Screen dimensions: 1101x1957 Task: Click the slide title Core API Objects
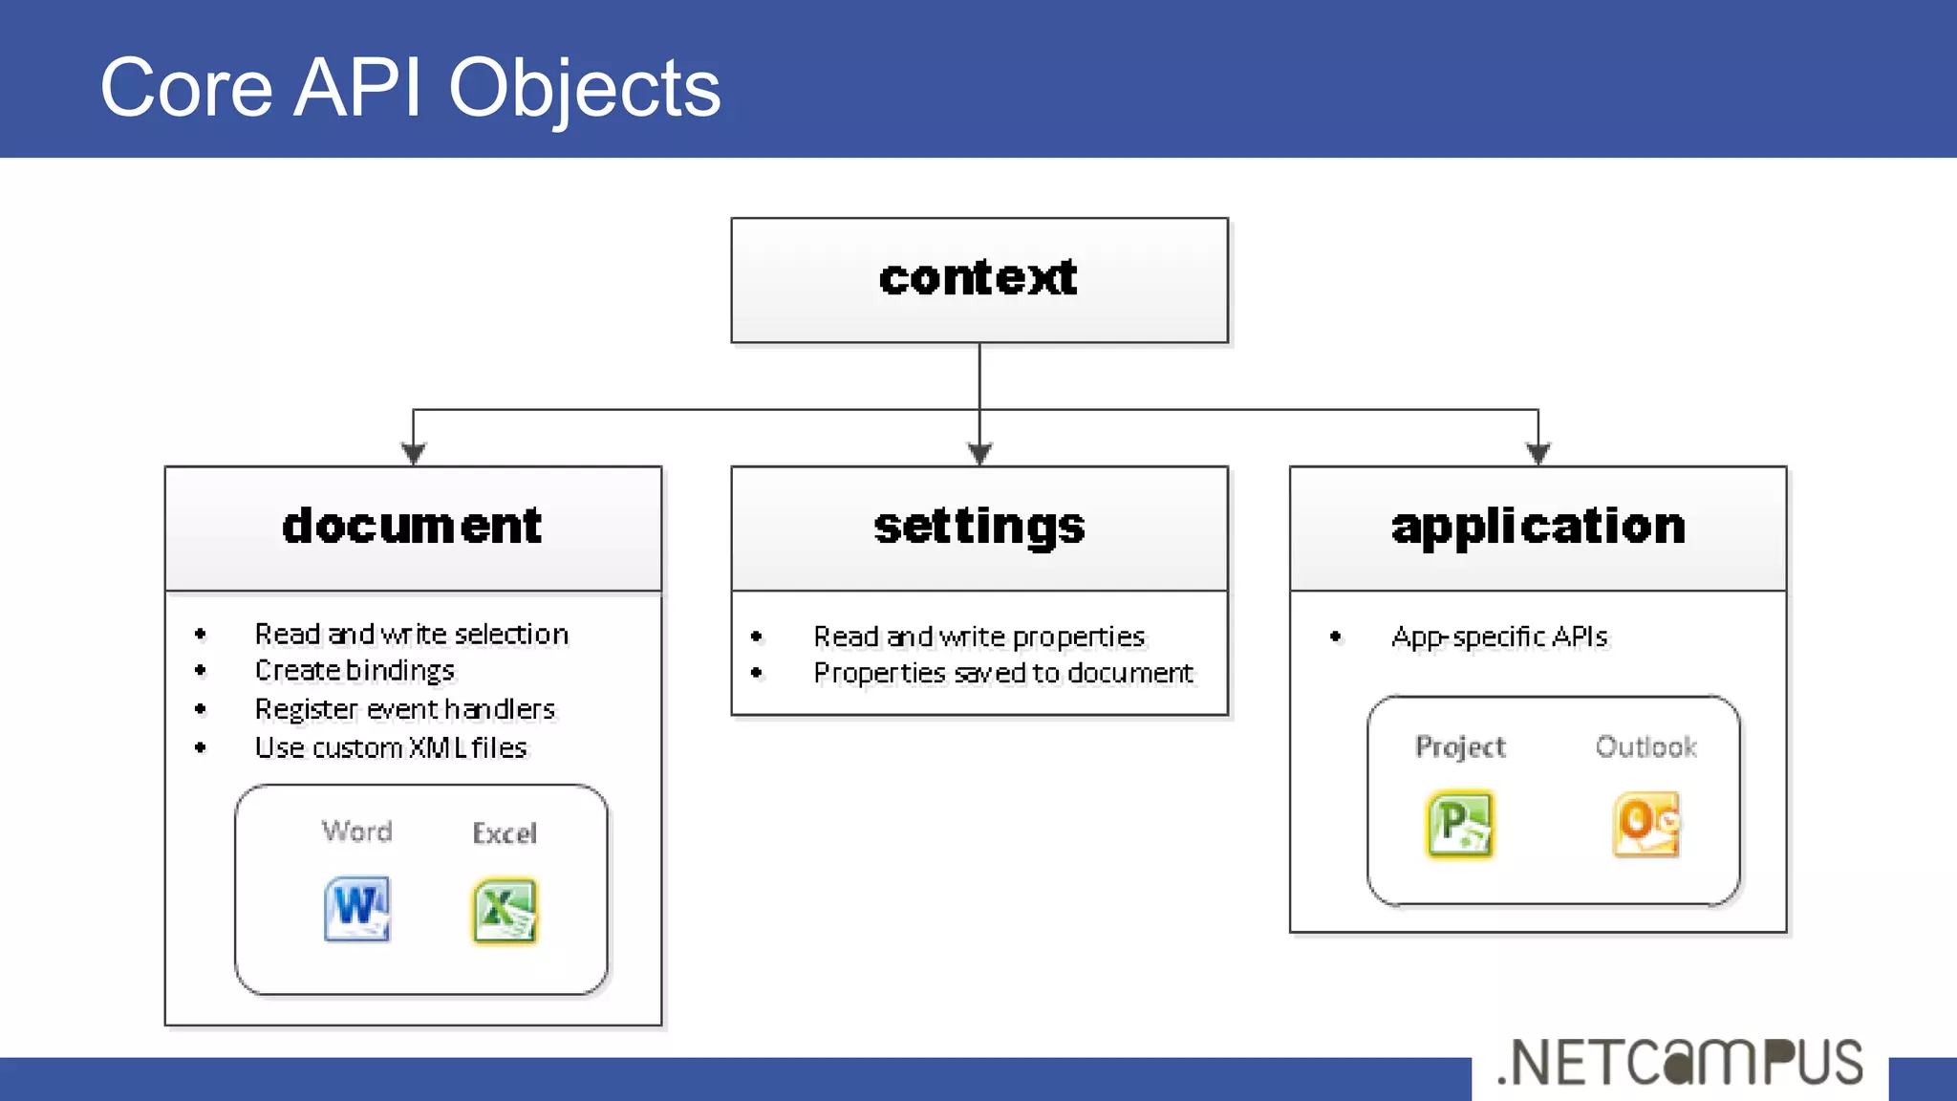[x=410, y=88]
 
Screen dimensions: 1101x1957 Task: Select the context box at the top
[x=978, y=280]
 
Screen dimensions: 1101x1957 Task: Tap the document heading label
[x=412, y=527]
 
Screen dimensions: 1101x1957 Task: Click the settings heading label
[x=978, y=527]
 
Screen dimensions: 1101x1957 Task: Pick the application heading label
[x=1538, y=527]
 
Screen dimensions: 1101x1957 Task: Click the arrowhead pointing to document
[x=413, y=453]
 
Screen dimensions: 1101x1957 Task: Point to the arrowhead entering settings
[x=979, y=453]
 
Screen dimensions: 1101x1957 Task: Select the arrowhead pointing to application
[x=1538, y=453]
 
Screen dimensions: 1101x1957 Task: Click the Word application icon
[x=356, y=909]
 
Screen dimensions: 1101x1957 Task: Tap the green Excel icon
[x=505, y=911]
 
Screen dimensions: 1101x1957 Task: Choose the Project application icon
[x=1459, y=824]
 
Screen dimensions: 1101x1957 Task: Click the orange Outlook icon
[x=1645, y=824]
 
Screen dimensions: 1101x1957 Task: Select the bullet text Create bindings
[x=355, y=671]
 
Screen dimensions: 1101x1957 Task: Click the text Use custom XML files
[x=391, y=747]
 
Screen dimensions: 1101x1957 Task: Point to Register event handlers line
[x=404, y=709]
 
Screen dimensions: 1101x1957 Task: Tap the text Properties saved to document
[x=1002, y=673]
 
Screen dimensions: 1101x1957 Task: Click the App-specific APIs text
[x=1499, y=637]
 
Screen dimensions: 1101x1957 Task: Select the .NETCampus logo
[x=1680, y=1063]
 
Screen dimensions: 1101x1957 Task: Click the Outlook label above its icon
[x=1645, y=746]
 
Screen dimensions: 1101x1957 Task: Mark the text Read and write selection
[x=411, y=634]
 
